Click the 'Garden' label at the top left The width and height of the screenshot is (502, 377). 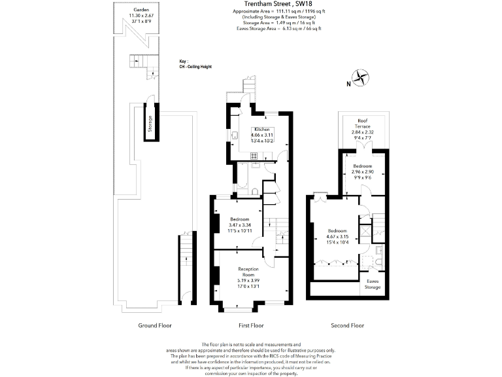point(141,10)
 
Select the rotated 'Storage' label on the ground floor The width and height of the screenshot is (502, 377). point(150,124)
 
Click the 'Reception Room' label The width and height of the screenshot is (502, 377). point(248,272)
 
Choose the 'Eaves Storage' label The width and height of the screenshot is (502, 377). point(373,284)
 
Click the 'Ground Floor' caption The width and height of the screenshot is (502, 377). point(156,325)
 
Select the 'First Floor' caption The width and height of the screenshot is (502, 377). point(250,325)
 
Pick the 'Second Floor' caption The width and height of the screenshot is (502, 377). point(348,325)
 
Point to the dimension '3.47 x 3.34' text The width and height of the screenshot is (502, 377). point(240,225)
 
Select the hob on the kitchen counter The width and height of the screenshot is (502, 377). point(253,155)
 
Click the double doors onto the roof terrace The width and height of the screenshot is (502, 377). point(361,149)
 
